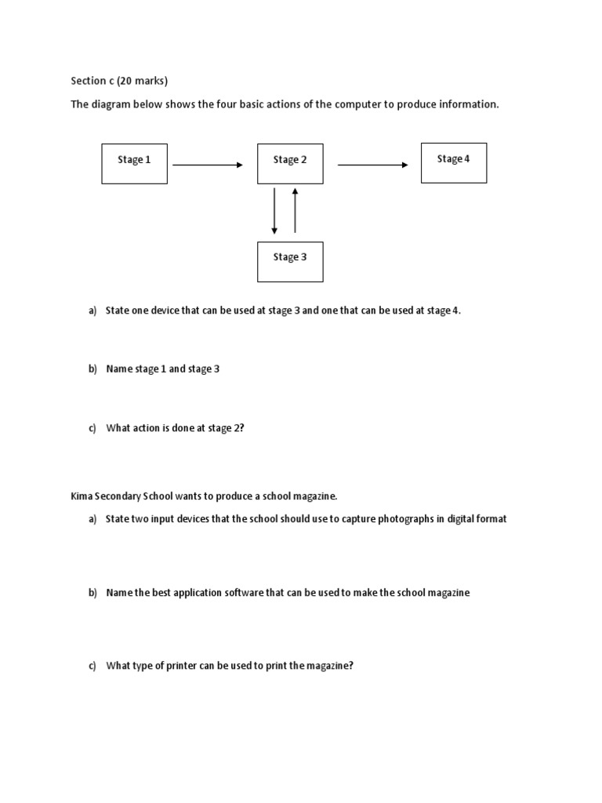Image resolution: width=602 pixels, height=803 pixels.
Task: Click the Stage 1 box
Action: (x=134, y=163)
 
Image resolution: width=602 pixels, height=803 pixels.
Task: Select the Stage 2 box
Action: (x=290, y=163)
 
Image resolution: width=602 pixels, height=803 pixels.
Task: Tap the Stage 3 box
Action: (x=290, y=261)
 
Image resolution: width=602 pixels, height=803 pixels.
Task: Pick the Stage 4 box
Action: (x=453, y=162)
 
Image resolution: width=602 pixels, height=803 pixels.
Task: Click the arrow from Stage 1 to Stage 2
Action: (x=208, y=165)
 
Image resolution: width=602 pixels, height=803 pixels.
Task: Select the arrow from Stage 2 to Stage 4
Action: (x=372, y=165)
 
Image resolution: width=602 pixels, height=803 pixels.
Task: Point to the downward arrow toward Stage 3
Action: (x=274, y=210)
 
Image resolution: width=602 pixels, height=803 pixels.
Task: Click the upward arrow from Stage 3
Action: (x=295, y=210)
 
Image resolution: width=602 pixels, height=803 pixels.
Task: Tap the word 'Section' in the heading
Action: (x=88, y=81)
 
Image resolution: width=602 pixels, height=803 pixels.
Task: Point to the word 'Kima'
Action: (x=82, y=496)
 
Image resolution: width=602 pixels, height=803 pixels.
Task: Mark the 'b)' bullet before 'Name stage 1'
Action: (x=92, y=369)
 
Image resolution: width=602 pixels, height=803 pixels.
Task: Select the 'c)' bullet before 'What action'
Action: (x=92, y=427)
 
